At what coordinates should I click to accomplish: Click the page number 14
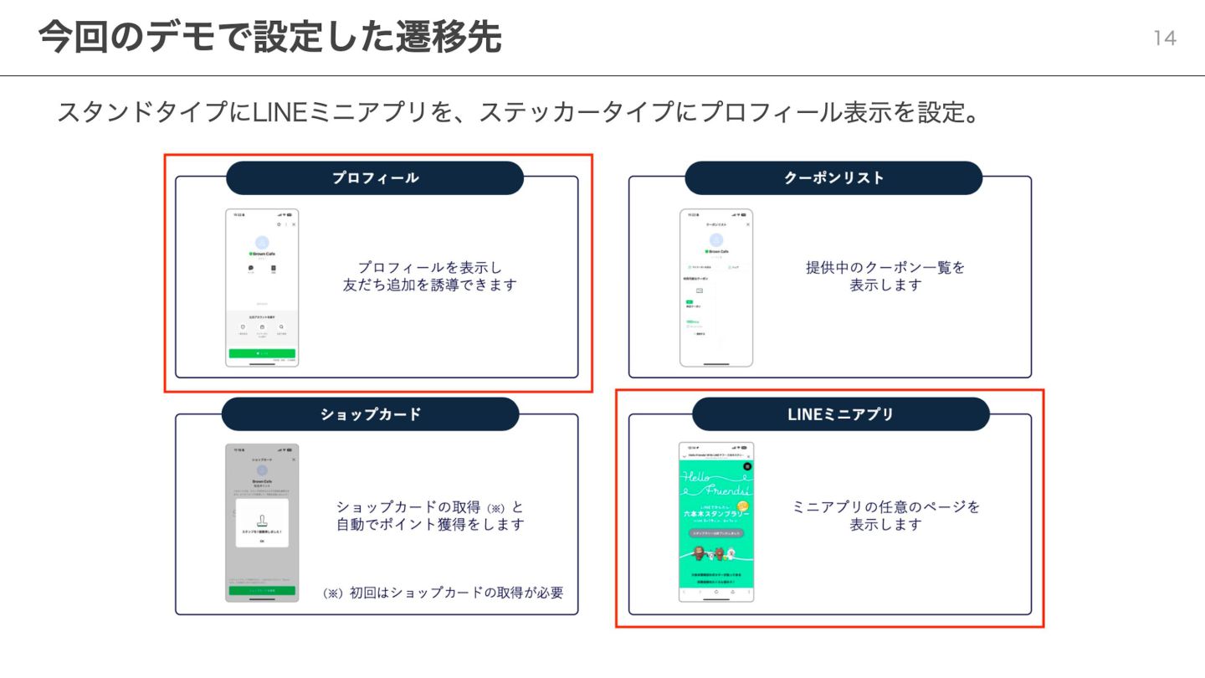[1165, 39]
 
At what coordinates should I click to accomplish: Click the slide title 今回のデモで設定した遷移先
[269, 38]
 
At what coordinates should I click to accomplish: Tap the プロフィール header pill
[375, 178]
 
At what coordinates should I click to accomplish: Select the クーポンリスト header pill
[833, 178]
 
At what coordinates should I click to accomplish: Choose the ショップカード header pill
[371, 414]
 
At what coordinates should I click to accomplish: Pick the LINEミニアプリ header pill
[840, 414]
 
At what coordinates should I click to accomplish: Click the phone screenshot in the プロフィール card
[262, 287]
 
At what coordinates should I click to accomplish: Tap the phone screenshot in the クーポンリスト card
[715, 287]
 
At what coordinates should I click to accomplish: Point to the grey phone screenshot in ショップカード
[262, 522]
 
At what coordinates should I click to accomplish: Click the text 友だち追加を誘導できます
[430, 285]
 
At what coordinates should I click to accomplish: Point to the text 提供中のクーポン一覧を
[885, 268]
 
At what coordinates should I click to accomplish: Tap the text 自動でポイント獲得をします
[430, 525]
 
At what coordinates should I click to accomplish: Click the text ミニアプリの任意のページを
[885, 507]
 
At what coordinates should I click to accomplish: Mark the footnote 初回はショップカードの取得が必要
[443, 593]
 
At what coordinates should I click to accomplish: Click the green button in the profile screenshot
[262, 353]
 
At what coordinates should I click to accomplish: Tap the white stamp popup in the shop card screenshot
[262, 524]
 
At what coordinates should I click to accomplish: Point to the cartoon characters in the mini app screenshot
[715, 553]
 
